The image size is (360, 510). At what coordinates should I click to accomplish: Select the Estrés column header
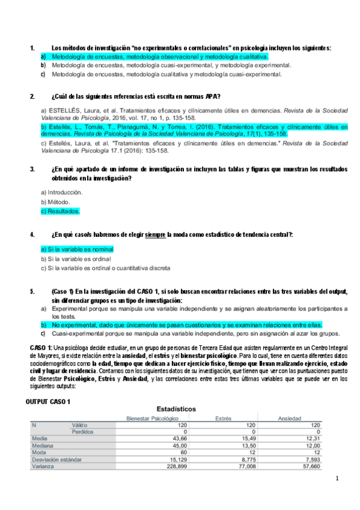224,417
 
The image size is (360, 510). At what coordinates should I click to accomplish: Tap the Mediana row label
43,446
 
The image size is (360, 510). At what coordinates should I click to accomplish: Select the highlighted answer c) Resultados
60,212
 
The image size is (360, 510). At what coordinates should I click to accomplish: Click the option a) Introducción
61,192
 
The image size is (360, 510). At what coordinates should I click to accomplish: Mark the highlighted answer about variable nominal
77,249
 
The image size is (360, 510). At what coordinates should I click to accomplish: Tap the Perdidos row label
83,431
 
